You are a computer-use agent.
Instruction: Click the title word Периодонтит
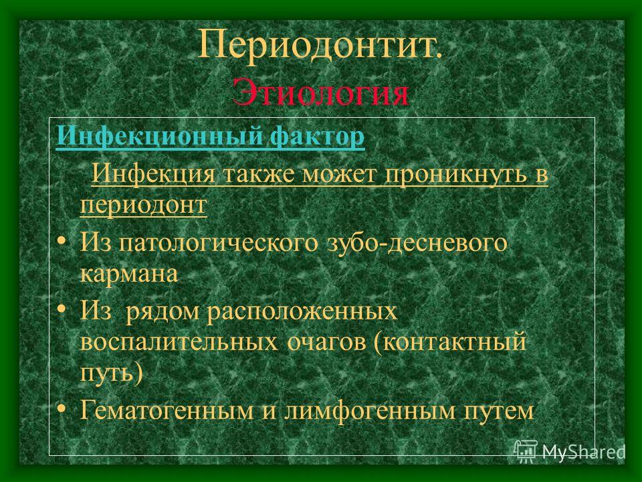pos(320,45)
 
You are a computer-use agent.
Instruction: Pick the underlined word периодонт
pos(143,205)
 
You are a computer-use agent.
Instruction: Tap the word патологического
pos(218,242)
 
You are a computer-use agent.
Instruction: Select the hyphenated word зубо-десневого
pos(417,242)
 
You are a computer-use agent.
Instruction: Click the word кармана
pos(129,274)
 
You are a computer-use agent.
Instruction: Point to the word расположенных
pos(302,311)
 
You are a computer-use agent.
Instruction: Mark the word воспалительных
pos(179,342)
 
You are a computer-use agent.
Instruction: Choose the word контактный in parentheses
pos(449,342)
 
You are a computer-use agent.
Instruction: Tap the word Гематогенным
pos(167,410)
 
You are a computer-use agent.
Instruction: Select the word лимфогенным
pos(370,410)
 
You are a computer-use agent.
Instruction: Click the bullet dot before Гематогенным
pos(61,408)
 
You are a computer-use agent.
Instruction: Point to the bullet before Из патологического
pos(61,240)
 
